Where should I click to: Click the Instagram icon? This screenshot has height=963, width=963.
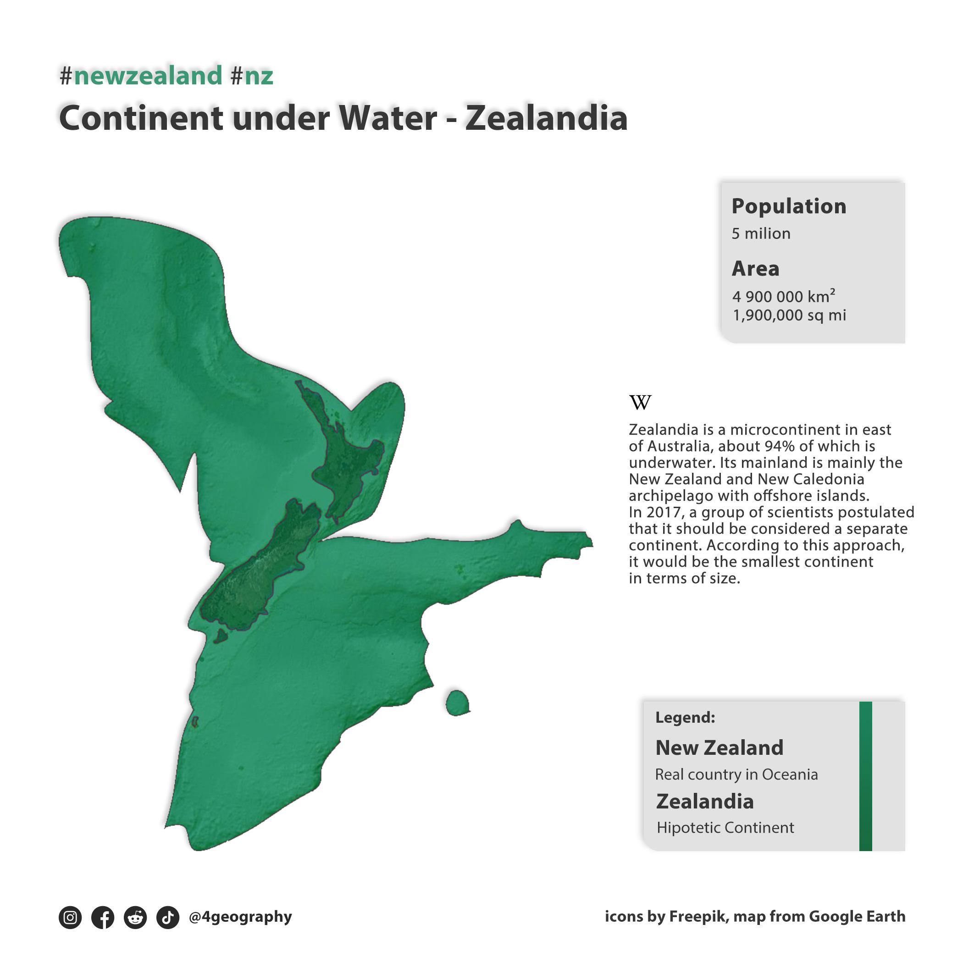70,917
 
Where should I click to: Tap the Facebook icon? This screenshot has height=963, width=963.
103,917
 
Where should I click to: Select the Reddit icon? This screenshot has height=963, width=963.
135,917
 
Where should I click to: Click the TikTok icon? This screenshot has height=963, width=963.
167,917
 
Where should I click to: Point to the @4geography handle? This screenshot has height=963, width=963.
240,917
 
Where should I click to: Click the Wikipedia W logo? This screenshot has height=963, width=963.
640,402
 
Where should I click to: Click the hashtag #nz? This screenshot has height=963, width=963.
252,76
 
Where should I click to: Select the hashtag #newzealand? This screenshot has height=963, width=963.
141,76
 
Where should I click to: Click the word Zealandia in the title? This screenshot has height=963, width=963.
546,119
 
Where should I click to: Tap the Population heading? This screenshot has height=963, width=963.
789,206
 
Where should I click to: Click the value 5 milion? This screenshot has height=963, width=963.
761,234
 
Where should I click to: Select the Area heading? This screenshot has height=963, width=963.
755,269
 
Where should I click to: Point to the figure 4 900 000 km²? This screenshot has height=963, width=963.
783,296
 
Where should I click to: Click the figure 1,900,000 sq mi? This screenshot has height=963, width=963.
789,315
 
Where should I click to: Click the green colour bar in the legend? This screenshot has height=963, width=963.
865,775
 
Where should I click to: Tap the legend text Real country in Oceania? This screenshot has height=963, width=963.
736,774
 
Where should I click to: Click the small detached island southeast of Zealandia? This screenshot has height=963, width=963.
457,703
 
